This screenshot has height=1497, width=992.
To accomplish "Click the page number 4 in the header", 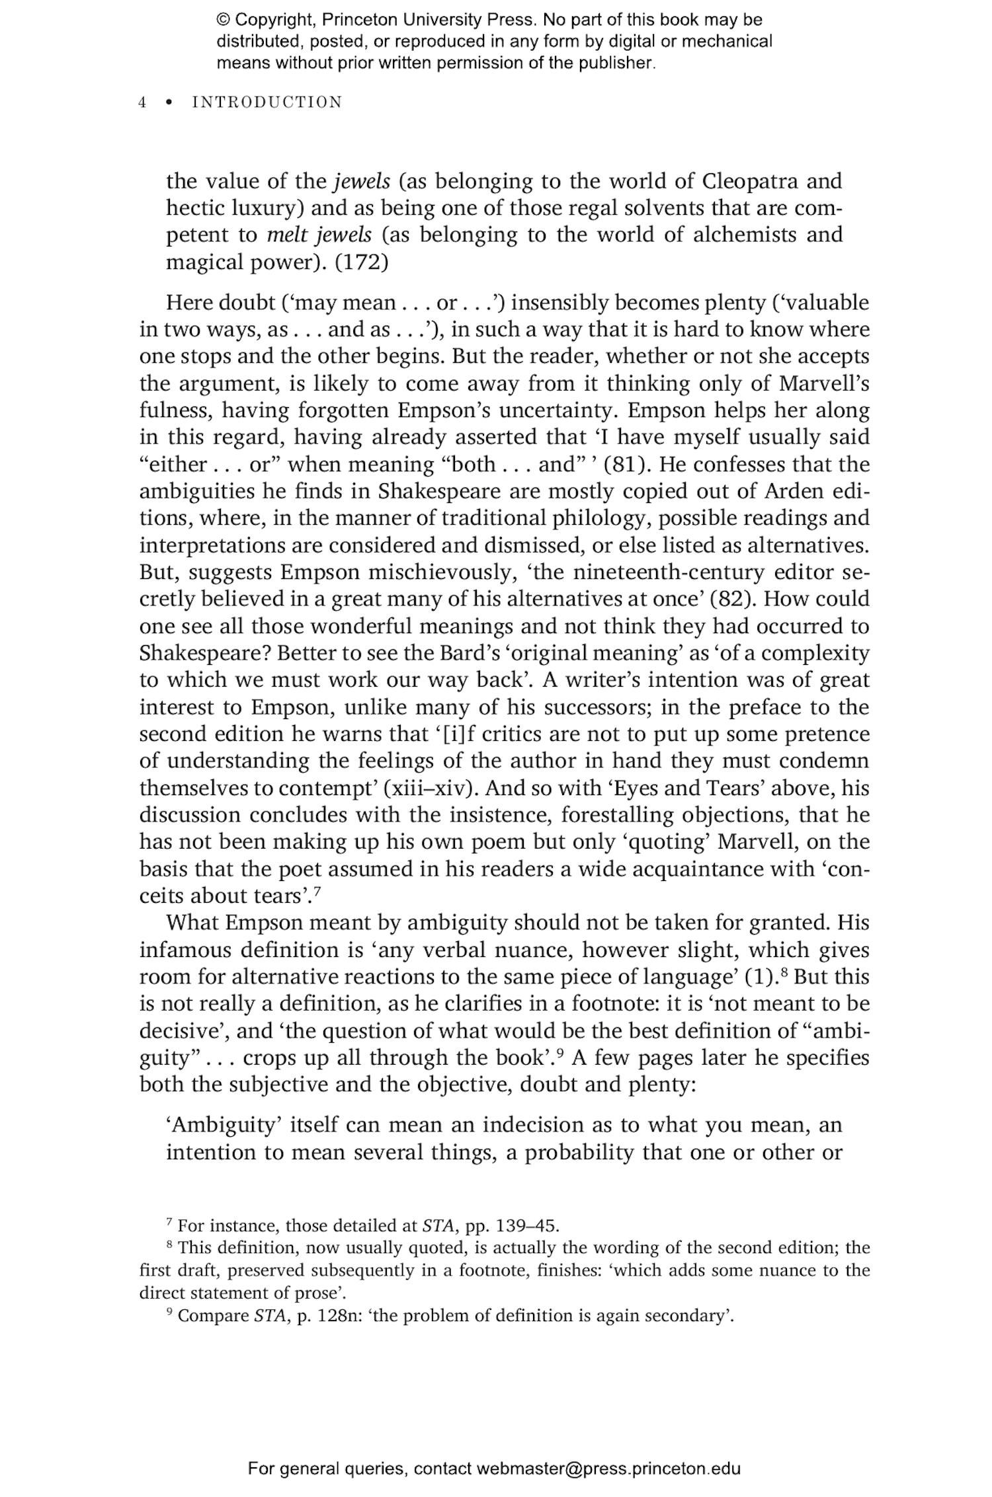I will coord(142,102).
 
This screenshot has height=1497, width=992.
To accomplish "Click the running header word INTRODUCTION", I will coord(267,102).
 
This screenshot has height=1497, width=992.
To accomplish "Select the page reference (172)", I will coord(362,262).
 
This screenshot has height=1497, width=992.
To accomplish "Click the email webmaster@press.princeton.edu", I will coord(608,1469).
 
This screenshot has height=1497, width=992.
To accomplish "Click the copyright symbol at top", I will coord(222,20).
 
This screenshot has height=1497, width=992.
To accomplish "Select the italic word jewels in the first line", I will coord(360,180).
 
